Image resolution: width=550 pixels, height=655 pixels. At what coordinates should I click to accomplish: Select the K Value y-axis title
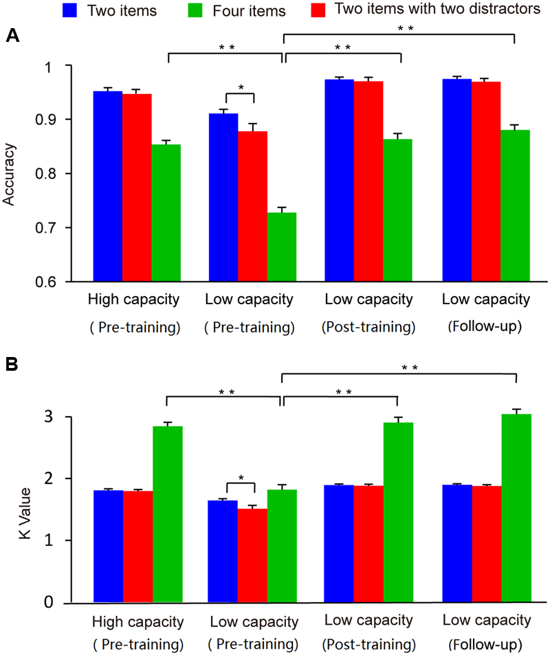point(9,509)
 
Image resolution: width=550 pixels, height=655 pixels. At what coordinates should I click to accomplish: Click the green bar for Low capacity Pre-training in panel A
point(283,247)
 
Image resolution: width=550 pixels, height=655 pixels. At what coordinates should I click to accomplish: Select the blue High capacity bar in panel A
point(108,186)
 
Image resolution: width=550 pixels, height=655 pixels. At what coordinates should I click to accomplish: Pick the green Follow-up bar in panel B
point(516,508)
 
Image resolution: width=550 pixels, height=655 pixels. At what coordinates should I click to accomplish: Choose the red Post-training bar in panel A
point(368,181)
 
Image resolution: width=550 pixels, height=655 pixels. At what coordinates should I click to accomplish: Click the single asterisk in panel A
point(241,88)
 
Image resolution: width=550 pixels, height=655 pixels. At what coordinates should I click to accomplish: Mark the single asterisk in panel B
point(241,477)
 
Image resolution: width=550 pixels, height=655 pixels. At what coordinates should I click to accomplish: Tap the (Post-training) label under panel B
point(368,646)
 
